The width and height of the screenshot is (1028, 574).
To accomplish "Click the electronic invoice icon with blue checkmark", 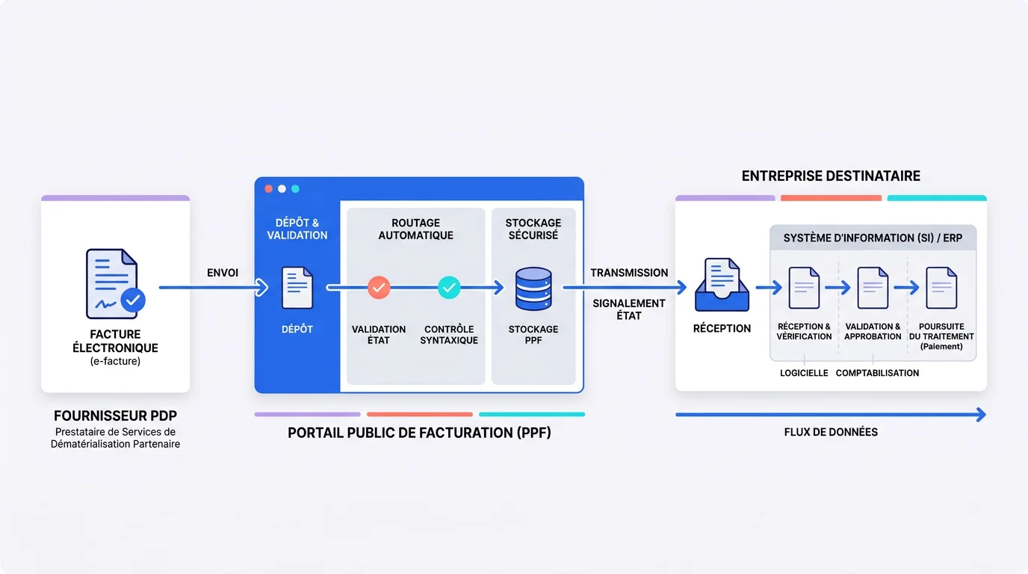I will [114, 284].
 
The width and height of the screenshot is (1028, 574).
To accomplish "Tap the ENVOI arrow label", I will [223, 273].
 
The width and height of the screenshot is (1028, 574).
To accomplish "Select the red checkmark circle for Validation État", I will [379, 287].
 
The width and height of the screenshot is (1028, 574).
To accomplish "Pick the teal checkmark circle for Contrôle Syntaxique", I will [449, 287].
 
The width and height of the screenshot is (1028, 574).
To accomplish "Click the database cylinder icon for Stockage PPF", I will [533, 289].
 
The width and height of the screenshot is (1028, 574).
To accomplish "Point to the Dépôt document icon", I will [297, 288].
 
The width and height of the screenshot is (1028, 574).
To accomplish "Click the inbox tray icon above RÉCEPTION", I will [721, 286].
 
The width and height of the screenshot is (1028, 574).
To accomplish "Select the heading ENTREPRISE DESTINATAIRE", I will [831, 176].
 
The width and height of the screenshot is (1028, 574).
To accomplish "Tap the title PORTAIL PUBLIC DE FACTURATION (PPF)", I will [419, 432].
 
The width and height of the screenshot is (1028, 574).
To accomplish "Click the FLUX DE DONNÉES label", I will [831, 432].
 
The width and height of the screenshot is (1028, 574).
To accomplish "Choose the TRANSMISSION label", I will [629, 273].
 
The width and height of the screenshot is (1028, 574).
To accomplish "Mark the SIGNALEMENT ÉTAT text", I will [629, 309].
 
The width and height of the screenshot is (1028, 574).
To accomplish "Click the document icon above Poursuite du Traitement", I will [941, 288].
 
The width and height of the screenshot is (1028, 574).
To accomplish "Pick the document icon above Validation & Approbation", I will [873, 288].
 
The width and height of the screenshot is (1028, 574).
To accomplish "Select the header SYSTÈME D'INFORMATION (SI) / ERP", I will [873, 238].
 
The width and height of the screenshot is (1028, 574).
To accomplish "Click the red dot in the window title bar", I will [269, 189].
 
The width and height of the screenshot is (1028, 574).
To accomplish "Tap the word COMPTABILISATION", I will [877, 373].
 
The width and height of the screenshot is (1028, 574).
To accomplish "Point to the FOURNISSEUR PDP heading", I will [115, 416].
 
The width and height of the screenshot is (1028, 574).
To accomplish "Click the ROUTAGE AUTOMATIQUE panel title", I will [415, 229].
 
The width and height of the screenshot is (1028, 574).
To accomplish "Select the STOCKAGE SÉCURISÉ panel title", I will [533, 229].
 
